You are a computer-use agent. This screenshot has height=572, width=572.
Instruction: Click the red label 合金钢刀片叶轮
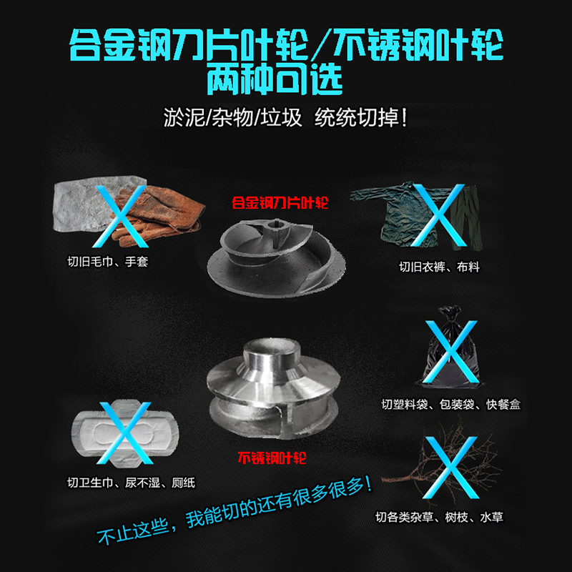(x=279, y=203)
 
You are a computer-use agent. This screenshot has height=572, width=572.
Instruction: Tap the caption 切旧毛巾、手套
(x=108, y=262)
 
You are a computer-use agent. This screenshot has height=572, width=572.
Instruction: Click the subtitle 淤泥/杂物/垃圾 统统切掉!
(x=286, y=117)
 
